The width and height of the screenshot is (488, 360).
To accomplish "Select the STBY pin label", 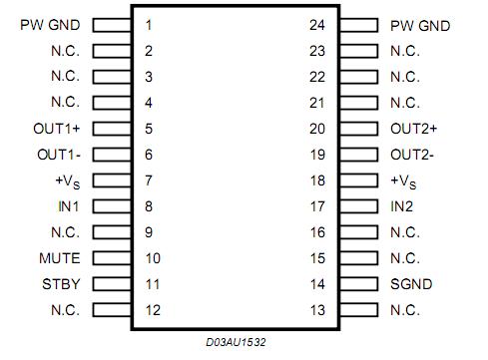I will (x=62, y=284).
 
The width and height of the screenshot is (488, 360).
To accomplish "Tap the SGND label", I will (x=410, y=284).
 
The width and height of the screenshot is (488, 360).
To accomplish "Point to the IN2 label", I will (x=403, y=206).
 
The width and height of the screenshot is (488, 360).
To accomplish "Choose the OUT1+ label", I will (x=57, y=129).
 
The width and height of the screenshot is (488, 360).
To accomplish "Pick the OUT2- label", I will (x=413, y=155).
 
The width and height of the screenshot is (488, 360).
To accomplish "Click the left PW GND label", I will (x=50, y=25).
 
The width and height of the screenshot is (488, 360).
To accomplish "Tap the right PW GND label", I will (x=420, y=25).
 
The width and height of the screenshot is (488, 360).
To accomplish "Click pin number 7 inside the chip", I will (x=148, y=180).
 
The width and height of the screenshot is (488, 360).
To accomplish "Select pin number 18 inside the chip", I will (x=318, y=180).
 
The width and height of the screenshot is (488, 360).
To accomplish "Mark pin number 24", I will (x=318, y=25).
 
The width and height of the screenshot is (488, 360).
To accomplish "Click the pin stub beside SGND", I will (x=357, y=284).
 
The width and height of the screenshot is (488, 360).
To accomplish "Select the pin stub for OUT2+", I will (x=357, y=129).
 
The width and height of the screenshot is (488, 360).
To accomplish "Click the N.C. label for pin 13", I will (x=404, y=310).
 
